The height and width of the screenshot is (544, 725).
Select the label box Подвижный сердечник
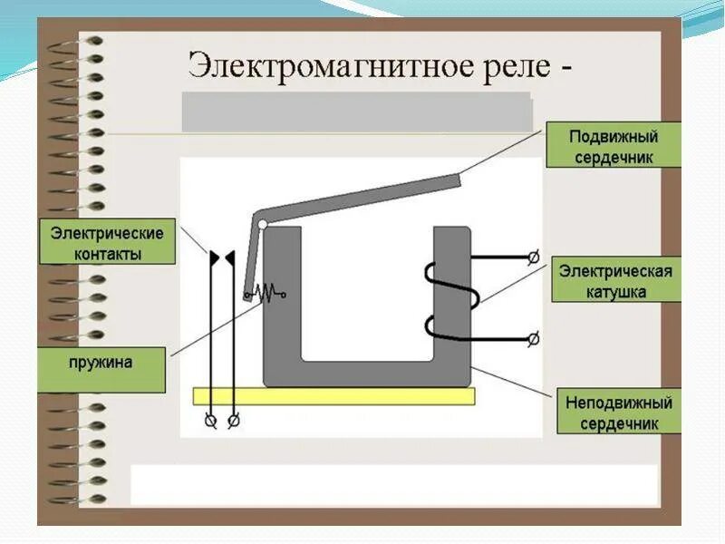tap(614, 146)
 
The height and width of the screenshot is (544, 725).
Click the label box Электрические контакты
tap(107, 243)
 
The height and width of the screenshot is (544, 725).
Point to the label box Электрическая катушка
tap(615, 281)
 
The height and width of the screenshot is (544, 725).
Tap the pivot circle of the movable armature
tap(262, 222)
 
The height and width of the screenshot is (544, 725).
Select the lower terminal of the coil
tap(533, 338)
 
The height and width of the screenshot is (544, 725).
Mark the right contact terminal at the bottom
tap(234, 421)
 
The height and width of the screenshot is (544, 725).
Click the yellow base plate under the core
tap(333, 396)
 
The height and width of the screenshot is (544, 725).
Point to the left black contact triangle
tap(215, 259)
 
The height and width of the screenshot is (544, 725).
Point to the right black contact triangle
tap(230, 259)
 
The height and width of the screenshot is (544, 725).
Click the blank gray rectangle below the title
tap(357, 112)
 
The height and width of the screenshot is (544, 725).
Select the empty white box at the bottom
tap(393, 484)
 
